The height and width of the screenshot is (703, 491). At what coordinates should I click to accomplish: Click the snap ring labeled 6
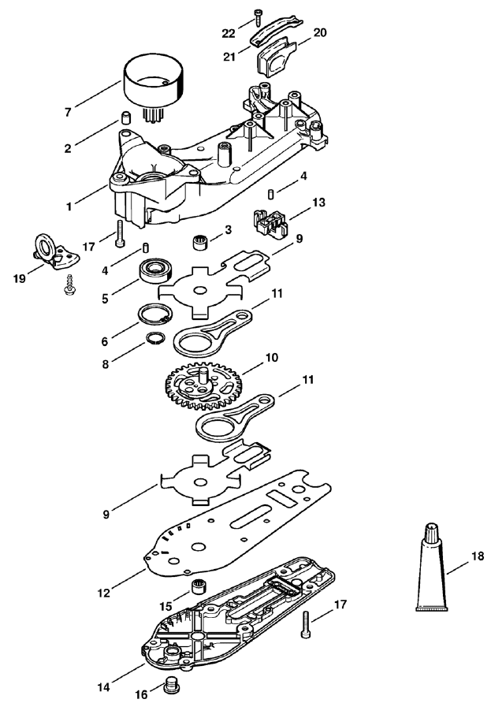[x=154, y=314]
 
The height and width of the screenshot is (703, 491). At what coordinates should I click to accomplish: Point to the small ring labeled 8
[x=154, y=339]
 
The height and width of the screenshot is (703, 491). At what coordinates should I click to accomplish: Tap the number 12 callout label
[x=103, y=593]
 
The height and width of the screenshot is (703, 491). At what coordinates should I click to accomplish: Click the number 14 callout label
[x=103, y=686]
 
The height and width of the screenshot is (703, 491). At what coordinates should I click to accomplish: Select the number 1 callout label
[x=69, y=206]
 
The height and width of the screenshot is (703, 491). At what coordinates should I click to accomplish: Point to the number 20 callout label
[x=320, y=32]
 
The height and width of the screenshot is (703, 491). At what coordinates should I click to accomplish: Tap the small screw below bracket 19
[x=69, y=285]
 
